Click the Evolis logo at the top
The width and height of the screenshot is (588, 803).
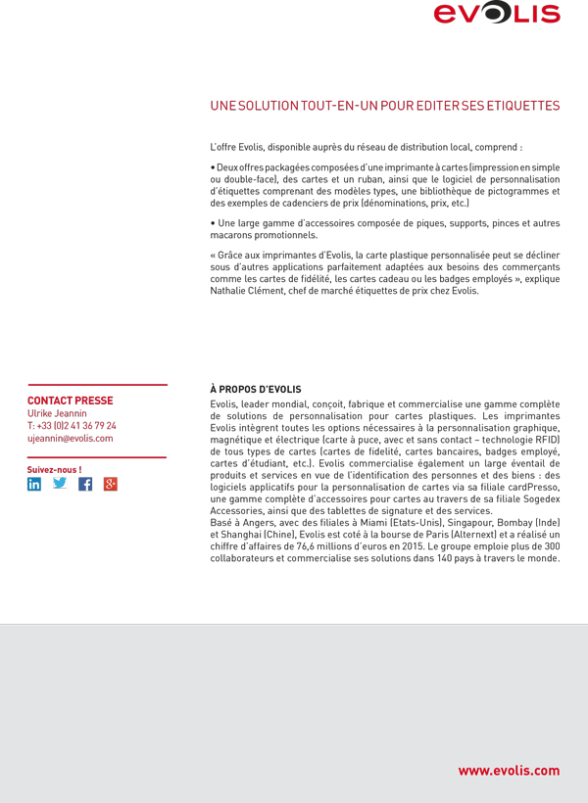tap(497, 14)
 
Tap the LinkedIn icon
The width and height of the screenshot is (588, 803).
tap(34, 484)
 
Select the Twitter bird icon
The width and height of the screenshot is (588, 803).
tap(60, 484)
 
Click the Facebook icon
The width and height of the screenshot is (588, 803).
tap(85, 484)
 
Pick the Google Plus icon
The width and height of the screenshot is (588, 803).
tap(111, 484)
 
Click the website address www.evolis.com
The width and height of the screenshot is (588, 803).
tap(509, 771)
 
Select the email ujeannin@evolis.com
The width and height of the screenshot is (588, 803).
tap(70, 439)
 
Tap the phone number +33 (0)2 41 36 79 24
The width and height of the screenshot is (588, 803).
tap(72, 426)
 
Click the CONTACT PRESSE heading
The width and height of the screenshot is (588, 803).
tap(70, 401)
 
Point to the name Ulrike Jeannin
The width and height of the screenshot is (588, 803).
tap(57, 413)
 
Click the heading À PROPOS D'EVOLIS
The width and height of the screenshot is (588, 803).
tap(256, 389)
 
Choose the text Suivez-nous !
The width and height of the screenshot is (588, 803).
tap(54, 469)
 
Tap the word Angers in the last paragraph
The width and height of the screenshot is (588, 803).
tap(253, 522)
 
